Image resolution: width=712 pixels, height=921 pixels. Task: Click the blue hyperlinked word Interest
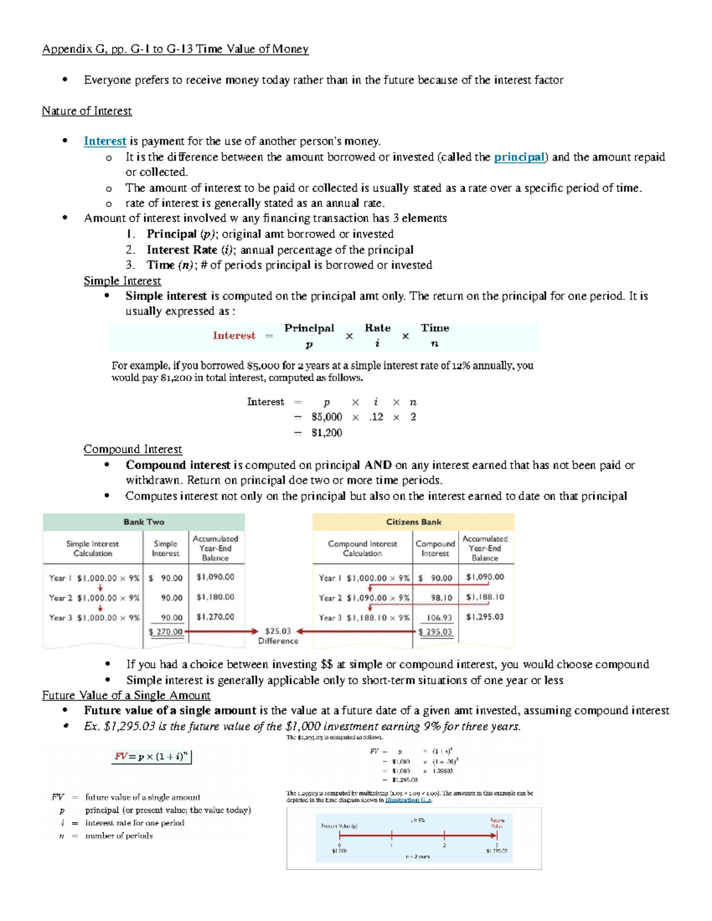click(104, 141)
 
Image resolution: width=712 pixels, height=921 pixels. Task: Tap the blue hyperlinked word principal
click(519, 157)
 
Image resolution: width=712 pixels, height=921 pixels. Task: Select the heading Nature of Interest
click(87, 111)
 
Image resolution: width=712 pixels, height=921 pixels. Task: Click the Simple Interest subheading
click(122, 281)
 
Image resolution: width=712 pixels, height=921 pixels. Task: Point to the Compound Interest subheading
click(132, 449)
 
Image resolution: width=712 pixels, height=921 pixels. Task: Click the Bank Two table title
click(144, 522)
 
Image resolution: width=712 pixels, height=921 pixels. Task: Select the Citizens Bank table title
click(414, 522)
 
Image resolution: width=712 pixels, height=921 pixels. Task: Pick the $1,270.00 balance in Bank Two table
click(215, 617)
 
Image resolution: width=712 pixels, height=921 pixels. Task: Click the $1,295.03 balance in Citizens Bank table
click(485, 617)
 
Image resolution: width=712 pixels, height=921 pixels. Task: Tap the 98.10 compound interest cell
click(441, 598)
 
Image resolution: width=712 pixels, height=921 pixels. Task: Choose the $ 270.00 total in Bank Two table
click(166, 632)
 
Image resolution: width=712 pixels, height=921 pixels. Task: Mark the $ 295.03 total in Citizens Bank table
click(436, 632)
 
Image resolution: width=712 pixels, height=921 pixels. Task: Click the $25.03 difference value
click(278, 631)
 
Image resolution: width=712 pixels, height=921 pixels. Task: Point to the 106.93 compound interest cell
click(439, 617)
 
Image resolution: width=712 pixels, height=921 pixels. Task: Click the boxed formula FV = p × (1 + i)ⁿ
click(152, 757)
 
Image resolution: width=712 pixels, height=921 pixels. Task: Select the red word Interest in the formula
click(234, 336)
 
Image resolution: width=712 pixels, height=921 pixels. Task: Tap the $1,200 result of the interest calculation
click(326, 432)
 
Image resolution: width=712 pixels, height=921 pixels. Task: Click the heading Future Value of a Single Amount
click(126, 695)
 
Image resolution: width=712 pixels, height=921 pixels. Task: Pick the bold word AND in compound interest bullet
click(377, 465)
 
